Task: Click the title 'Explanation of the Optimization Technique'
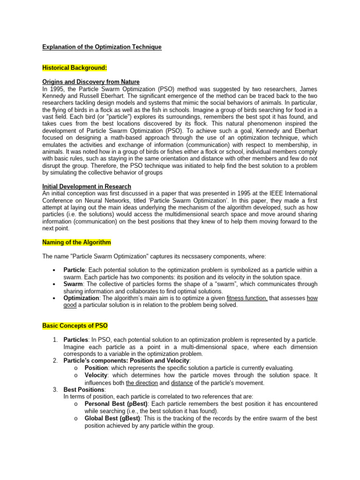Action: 102,47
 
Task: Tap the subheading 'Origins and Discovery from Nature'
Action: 91,82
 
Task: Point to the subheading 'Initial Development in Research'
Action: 87,186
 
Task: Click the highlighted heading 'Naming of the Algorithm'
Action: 76,242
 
